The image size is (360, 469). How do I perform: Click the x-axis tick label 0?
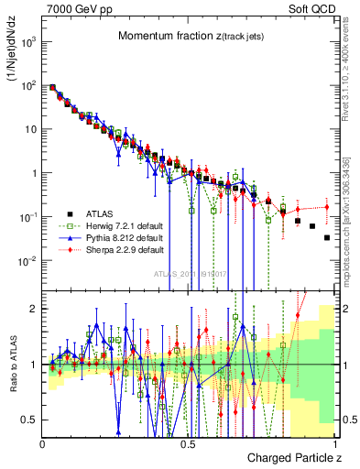coord(43,442)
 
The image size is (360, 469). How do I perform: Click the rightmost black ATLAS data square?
coord(327,237)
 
